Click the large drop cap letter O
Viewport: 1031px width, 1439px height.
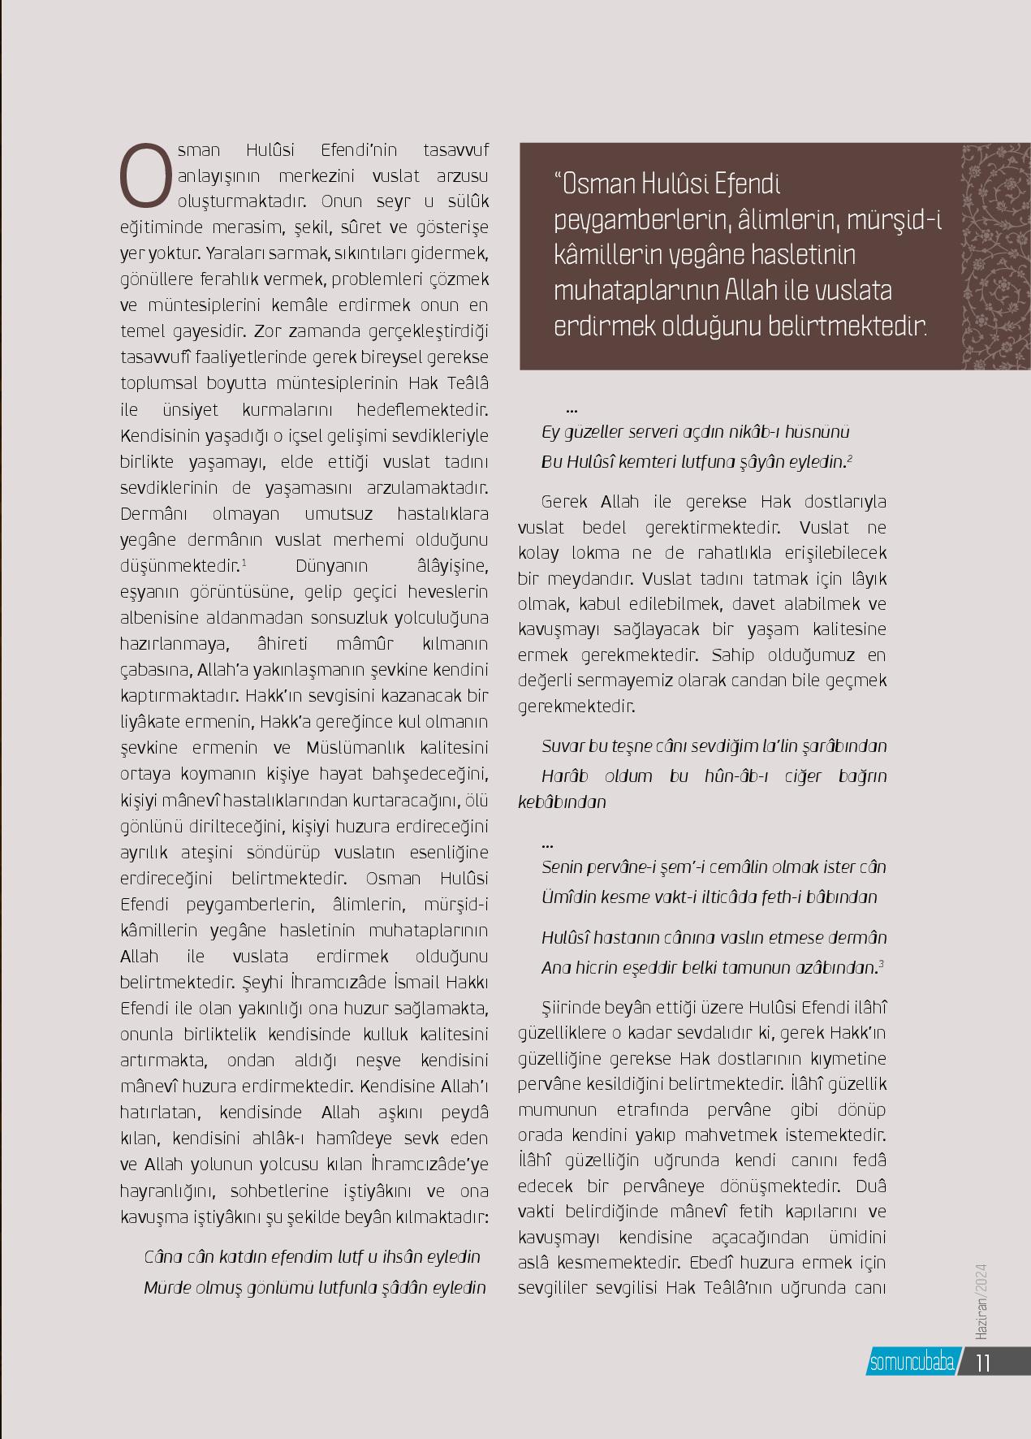[x=147, y=175]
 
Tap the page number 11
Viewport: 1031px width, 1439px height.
[x=982, y=1363]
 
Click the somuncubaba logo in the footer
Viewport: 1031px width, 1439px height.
[x=912, y=1363]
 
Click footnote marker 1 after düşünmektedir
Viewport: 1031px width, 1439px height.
[x=244, y=561]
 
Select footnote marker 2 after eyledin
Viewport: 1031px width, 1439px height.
[x=849, y=458]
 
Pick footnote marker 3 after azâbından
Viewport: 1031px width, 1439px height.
[x=881, y=963]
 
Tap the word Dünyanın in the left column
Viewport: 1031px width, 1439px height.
[x=331, y=566]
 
